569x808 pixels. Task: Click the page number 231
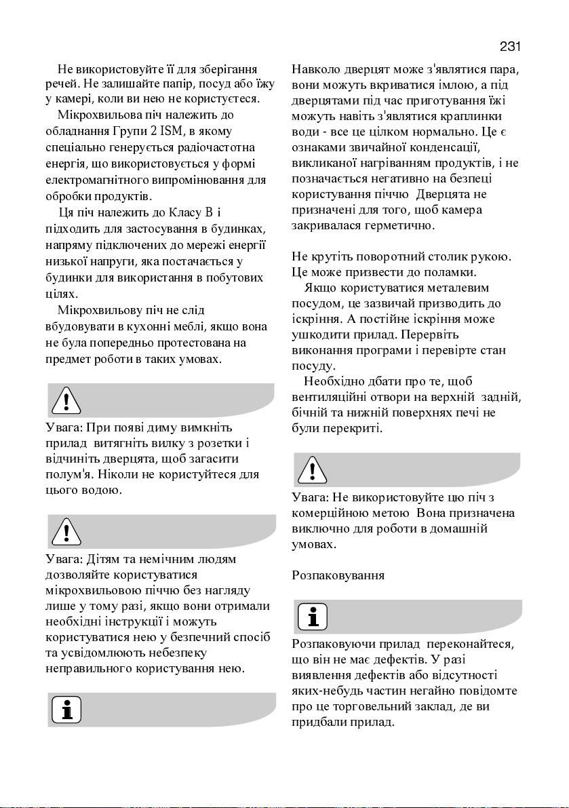click(x=509, y=47)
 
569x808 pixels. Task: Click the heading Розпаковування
click(x=338, y=575)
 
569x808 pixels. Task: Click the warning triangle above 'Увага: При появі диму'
click(x=66, y=400)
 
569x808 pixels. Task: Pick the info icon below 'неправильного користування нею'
click(x=66, y=710)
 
